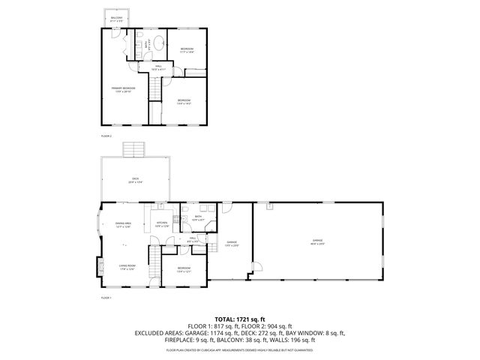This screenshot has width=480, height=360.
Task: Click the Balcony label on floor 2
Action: coord(117,19)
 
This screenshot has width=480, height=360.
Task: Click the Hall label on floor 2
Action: coord(159,67)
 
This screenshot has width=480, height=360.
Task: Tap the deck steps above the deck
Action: coord(135,148)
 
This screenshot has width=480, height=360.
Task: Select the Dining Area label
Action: coord(123,224)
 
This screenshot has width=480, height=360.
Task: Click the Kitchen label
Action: coord(161,223)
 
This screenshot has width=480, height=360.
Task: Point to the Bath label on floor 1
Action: coord(198,217)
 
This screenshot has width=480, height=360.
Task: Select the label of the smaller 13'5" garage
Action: coord(232,243)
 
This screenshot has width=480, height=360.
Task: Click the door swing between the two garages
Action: coord(255,268)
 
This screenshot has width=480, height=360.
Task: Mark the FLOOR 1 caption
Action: coord(106,298)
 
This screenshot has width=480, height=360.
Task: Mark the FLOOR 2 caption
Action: coord(106,136)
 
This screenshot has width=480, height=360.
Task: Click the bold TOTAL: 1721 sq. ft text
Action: coord(240,319)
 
